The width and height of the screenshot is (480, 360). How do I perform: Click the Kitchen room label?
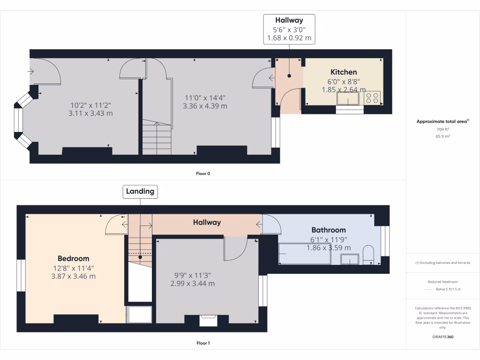pyautogui.click(x=344, y=72)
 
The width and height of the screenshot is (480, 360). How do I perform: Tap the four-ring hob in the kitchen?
pyautogui.click(x=373, y=98)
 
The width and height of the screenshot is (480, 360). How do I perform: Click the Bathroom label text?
pyautogui.click(x=329, y=230)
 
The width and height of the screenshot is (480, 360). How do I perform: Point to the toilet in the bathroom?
pyautogui.click(x=368, y=254)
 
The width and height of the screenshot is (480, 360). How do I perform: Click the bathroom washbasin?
pyautogui.click(x=350, y=259)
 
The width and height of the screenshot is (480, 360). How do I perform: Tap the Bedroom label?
pyautogui.click(x=73, y=258)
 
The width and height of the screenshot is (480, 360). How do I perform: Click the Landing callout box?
pyautogui.click(x=140, y=191)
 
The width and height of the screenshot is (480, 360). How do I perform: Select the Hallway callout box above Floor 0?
pyautogui.click(x=289, y=29)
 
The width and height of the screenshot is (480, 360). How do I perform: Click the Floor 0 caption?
pyautogui.click(x=203, y=173)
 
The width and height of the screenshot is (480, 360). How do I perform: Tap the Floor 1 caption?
pyautogui.click(x=203, y=343)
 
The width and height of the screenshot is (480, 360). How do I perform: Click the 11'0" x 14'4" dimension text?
pyautogui.click(x=205, y=98)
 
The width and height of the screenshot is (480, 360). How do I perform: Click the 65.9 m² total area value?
pyautogui.click(x=442, y=136)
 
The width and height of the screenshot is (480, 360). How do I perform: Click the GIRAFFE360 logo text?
pyautogui.click(x=442, y=337)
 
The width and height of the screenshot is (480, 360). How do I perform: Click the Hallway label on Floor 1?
pyautogui.click(x=207, y=223)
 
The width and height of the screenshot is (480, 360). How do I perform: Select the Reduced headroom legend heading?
pyautogui.click(x=442, y=282)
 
